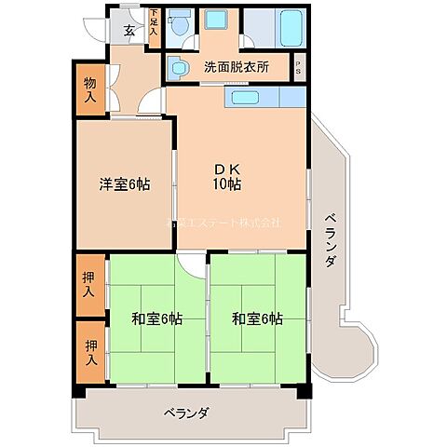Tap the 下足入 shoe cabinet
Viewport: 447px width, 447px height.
coord(154,23)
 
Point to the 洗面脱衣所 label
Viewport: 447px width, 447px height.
coord(237,68)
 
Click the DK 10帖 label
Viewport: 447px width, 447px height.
coord(226,177)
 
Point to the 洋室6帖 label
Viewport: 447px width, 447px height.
coord(125,183)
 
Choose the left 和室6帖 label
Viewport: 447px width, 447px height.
coord(156,319)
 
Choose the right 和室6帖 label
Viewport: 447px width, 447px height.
coord(258,319)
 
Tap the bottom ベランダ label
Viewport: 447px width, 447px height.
coord(185,413)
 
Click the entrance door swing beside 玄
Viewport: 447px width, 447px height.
coord(97,26)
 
